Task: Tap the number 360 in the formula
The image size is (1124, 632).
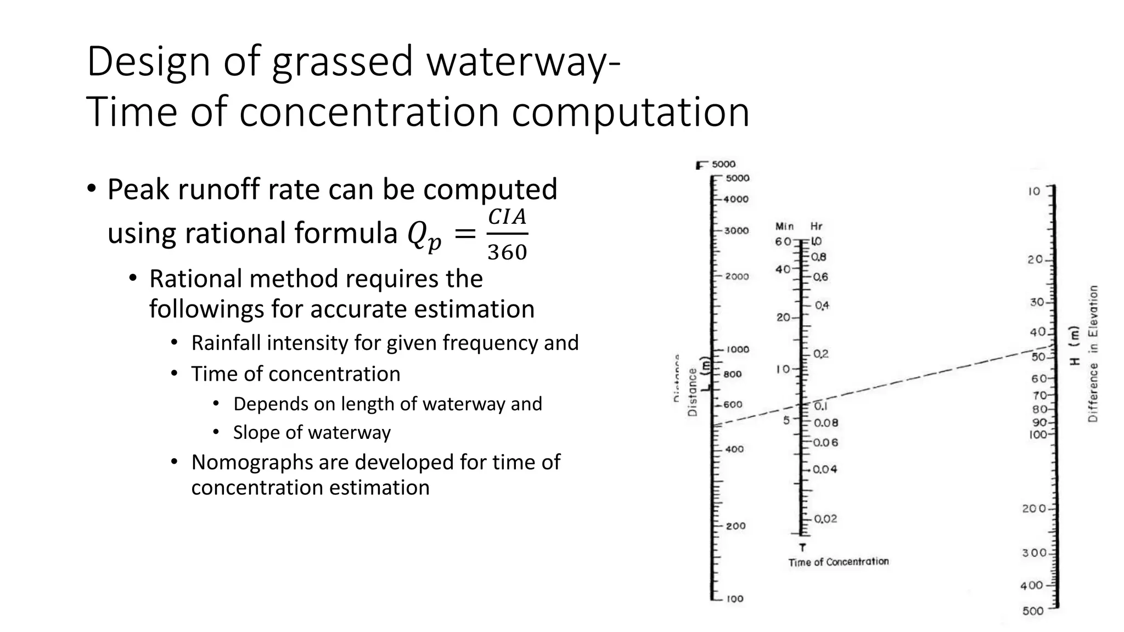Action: point(507,252)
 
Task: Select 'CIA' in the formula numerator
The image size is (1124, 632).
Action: point(507,217)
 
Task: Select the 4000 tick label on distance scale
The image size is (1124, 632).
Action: point(736,199)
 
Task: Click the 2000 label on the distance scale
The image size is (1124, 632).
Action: point(737,276)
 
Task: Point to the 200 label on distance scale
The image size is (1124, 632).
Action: point(735,526)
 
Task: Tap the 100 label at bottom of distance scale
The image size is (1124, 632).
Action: point(735,599)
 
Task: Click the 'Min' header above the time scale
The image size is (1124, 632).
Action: point(784,226)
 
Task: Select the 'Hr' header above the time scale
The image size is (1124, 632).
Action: point(816,226)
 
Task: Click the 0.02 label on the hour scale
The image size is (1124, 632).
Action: point(825,519)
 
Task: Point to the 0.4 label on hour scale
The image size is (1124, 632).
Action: point(822,306)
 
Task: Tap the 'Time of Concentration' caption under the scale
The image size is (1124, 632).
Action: point(838,562)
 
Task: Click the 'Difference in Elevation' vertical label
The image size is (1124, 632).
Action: point(1093,354)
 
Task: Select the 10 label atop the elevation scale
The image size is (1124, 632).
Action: point(1034,191)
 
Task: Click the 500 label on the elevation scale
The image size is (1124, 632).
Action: point(1032,611)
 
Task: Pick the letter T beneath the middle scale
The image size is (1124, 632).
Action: point(803,547)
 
